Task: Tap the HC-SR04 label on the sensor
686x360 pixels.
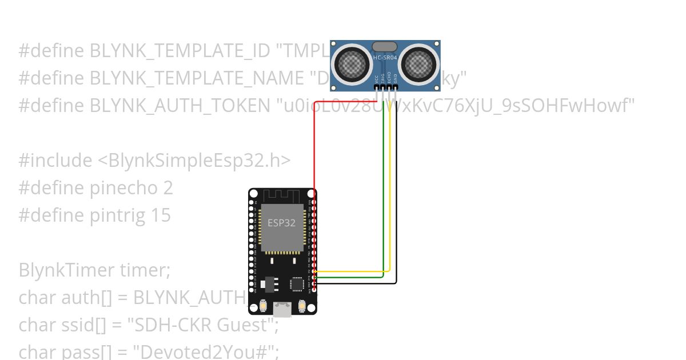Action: [385, 57]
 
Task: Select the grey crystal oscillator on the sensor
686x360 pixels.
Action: [385, 46]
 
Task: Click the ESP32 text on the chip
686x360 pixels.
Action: [282, 223]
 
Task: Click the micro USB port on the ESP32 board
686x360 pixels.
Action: [282, 309]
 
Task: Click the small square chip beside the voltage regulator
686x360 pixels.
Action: [297, 283]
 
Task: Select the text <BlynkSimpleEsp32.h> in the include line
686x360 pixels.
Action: [194, 161]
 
